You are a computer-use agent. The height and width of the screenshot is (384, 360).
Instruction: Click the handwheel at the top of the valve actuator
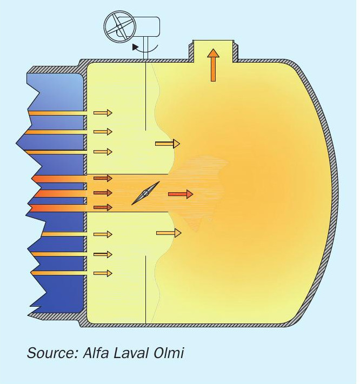pos(120,26)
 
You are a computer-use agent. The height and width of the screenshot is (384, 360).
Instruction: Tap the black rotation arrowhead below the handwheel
pos(135,47)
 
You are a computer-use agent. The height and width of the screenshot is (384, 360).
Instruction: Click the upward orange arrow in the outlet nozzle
pos(213,65)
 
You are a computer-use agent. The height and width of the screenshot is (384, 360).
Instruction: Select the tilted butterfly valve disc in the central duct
pos(145,193)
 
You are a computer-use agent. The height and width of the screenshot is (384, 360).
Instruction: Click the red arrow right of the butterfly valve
pos(181,194)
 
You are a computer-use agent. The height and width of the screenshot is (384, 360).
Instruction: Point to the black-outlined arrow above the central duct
pos(168,144)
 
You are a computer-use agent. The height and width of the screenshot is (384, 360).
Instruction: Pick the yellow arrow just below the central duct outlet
pos(169,233)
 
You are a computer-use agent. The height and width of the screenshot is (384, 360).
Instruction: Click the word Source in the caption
pos(51,353)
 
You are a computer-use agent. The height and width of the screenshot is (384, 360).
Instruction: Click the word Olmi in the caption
pos(169,353)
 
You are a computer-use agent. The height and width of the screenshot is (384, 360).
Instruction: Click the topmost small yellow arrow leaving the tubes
pos(103,113)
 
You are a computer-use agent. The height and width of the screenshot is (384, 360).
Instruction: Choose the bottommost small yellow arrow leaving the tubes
pos(103,273)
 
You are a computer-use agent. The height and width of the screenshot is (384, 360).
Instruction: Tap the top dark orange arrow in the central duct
pos(103,178)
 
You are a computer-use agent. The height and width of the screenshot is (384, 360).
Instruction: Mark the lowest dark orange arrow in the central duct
pos(103,207)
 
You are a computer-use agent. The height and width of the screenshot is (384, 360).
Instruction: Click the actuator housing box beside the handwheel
pos(147,27)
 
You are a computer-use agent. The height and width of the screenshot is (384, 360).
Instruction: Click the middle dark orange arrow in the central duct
pos(103,193)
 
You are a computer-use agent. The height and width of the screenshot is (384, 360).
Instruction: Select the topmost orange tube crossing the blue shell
pos(58,113)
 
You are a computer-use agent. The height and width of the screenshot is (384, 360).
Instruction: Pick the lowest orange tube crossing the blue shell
pos(59,273)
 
